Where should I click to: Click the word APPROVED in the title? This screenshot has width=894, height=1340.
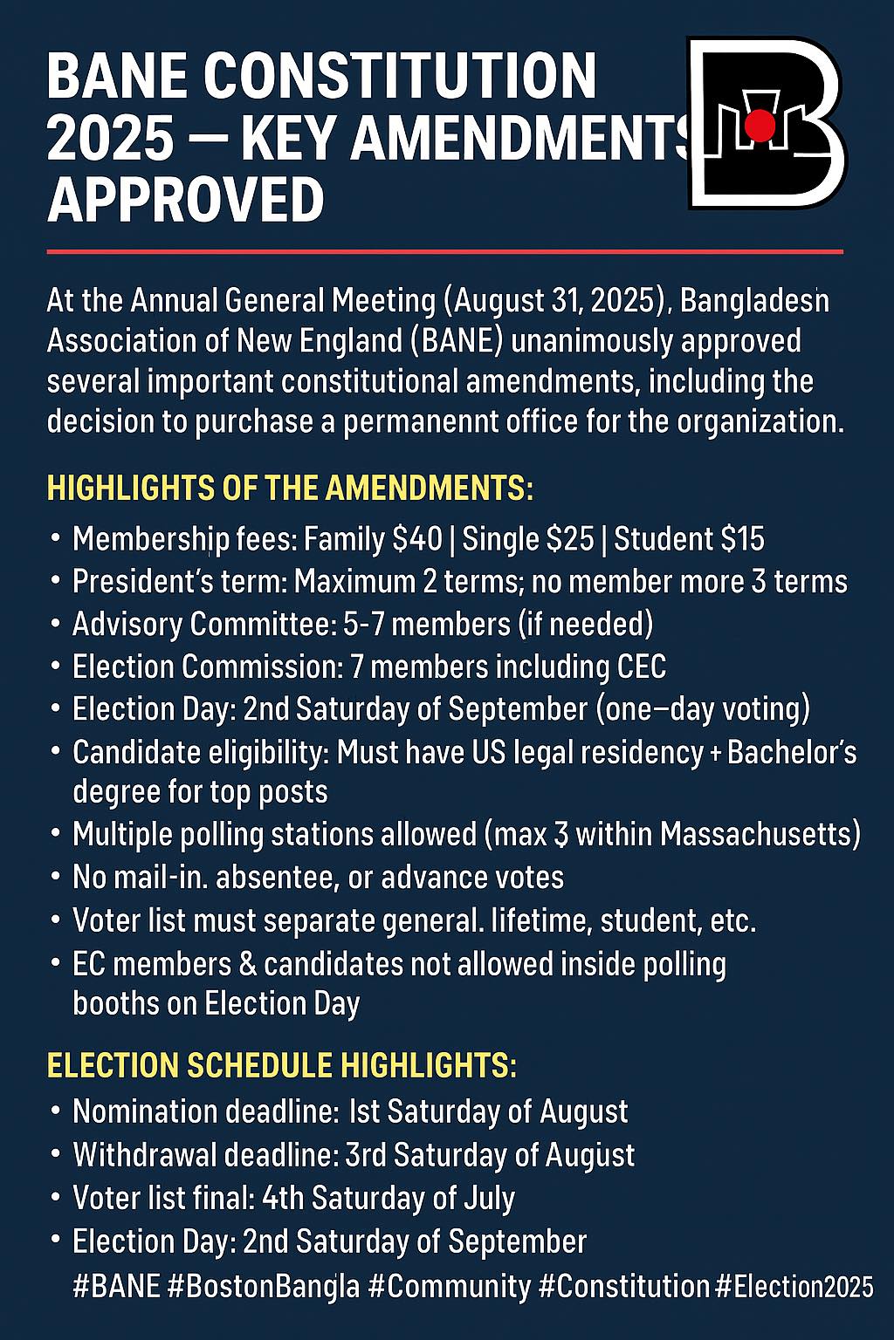point(186,200)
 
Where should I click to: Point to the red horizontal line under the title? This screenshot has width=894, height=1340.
point(445,251)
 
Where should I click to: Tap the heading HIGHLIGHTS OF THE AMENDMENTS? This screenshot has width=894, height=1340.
point(290,488)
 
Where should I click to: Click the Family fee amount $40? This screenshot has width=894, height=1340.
point(417,539)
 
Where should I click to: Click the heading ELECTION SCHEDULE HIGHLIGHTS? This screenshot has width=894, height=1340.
point(281,1066)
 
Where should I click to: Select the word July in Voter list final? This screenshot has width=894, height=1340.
point(485,1199)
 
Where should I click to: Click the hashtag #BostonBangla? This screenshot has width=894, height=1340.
point(262,1286)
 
